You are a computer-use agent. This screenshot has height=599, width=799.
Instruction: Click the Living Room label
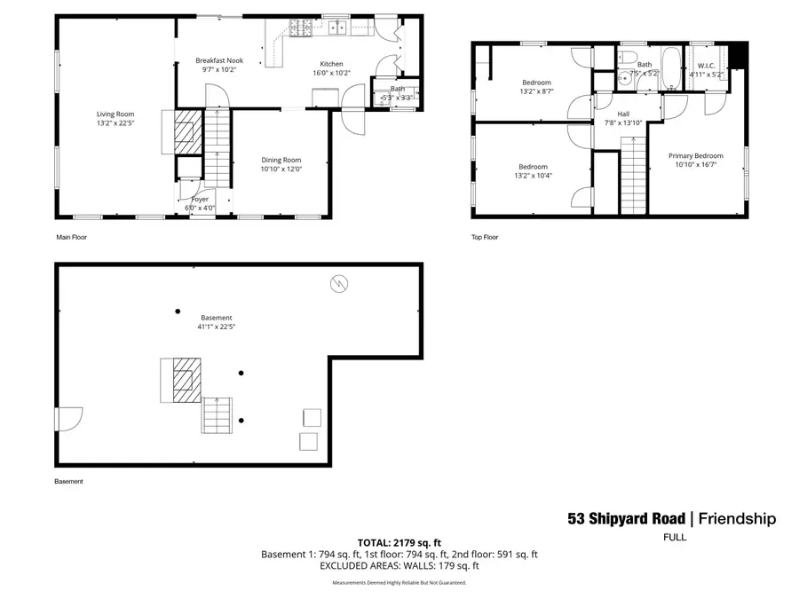coord(115,114)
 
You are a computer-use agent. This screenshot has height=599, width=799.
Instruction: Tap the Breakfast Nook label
coord(219,60)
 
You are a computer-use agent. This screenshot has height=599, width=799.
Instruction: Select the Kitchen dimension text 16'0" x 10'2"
coord(331,73)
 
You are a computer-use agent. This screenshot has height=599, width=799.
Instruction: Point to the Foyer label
coord(201,199)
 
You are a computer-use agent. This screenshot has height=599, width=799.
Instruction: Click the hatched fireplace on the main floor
coord(186,130)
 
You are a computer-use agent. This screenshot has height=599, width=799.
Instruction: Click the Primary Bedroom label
coord(695,155)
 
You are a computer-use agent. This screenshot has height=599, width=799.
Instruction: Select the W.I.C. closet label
coord(707,65)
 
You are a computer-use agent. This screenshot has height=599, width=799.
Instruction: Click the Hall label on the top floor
coord(623,114)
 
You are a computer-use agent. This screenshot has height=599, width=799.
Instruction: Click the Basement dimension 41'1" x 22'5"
coord(216,327)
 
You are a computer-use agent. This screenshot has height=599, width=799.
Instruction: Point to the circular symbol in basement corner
coord(338,283)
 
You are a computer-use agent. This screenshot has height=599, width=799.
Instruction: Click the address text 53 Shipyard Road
coord(626,519)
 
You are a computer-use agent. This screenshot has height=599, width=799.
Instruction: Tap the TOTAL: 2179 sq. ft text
coord(399,541)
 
